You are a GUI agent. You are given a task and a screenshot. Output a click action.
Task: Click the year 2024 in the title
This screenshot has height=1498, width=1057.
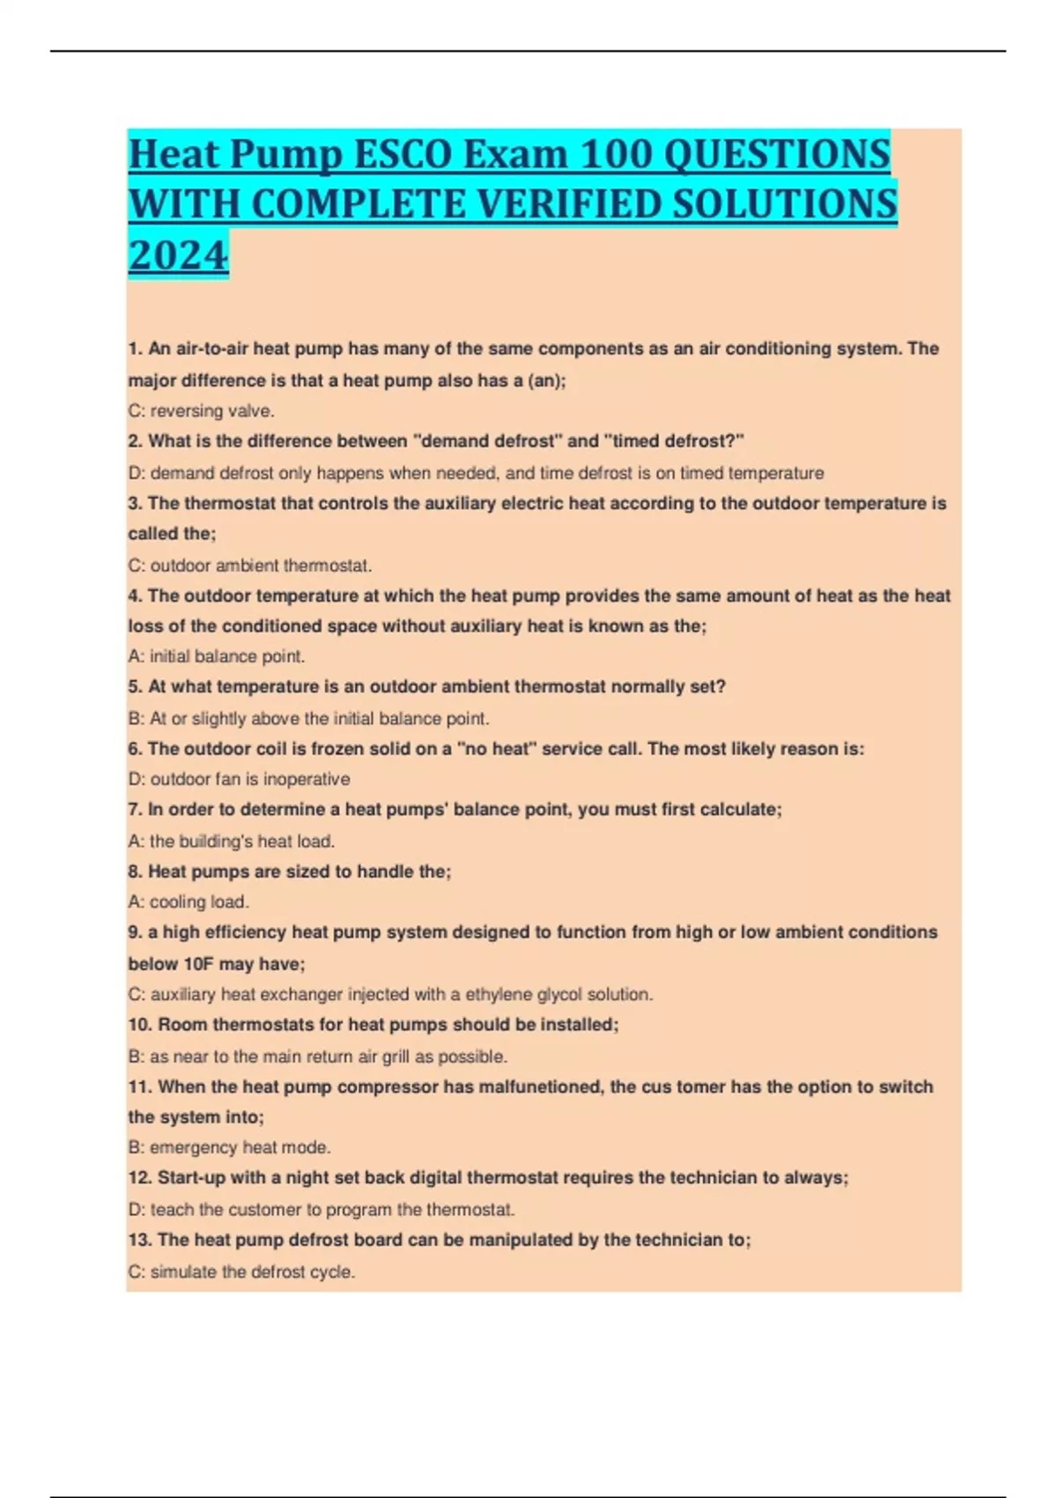(178, 256)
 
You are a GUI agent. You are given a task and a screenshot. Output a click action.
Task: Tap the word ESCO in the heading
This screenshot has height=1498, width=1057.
(402, 155)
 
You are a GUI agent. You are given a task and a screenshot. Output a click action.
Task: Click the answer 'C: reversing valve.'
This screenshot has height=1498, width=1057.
(201, 411)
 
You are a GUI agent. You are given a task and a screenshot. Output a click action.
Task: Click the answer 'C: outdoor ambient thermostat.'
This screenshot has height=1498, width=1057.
(249, 566)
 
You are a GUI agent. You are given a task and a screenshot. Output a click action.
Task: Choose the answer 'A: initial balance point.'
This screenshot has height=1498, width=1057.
(217, 656)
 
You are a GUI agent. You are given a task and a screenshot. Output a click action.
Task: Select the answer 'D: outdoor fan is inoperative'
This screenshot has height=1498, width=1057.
(239, 779)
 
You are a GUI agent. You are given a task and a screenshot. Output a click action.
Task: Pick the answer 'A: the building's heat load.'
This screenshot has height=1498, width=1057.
(231, 842)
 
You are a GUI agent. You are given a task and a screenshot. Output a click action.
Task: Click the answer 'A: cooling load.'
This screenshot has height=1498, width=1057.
(188, 902)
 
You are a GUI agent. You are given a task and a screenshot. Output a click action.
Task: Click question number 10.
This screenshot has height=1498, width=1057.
(140, 1025)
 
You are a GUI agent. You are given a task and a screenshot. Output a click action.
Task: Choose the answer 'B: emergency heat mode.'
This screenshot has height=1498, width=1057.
(229, 1147)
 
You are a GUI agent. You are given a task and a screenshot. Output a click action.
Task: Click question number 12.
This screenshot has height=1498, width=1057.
(140, 1178)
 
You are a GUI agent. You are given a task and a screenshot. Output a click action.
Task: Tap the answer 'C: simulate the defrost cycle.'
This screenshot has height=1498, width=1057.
(241, 1272)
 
